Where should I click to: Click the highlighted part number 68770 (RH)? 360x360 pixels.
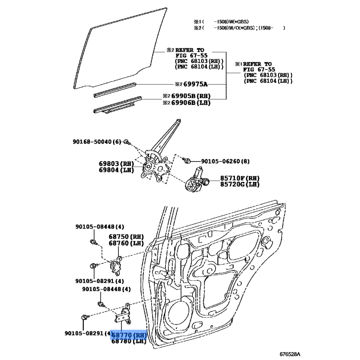pyautogui.click(x=129, y=335)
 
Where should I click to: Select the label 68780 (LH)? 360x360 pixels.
pyautogui.click(x=129, y=341)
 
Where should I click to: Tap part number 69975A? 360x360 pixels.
pyautogui.click(x=195, y=84)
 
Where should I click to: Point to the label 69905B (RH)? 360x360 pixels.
pyautogui.click(x=191, y=96)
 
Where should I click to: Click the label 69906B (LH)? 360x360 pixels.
pyautogui.click(x=191, y=103)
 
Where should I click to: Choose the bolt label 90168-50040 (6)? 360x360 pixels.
pyautogui.click(x=97, y=142)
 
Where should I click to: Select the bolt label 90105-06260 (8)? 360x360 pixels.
pyautogui.click(x=225, y=161)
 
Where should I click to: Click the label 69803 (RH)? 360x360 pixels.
pyautogui.click(x=117, y=164)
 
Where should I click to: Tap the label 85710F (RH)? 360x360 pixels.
pyautogui.click(x=240, y=178)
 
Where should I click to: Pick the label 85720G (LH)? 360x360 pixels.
pyautogui.click(x=240, y=184)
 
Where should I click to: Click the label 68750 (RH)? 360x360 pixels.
pyautogui.click(x=126, y=237)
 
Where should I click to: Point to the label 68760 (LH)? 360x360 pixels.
pyautogui.click(x=126, y=243)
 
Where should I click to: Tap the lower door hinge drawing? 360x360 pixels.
pyautogui.click(x=123, y=314)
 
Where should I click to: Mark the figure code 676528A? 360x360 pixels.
pyautogui.click(x=290, y=354)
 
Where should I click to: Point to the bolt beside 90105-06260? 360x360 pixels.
pyautogui.click(x=186, y=160)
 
